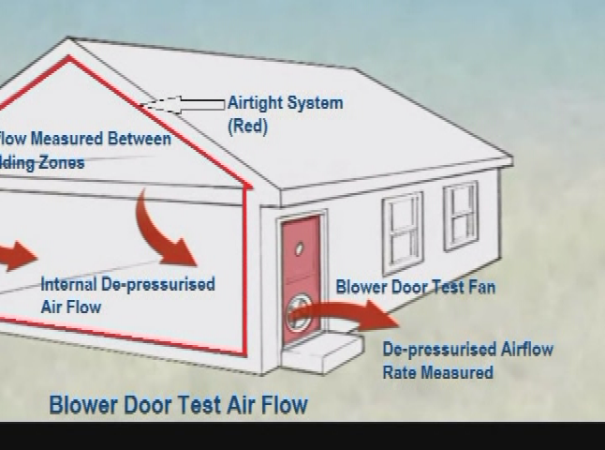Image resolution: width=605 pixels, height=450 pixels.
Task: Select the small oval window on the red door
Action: coord(300,249)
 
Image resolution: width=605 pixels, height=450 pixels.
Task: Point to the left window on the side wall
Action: coord(402,232)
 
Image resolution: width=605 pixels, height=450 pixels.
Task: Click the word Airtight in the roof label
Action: coord(256,103)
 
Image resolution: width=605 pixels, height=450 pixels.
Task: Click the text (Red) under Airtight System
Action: coord(247,126)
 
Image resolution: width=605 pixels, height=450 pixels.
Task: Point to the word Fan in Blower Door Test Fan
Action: coord(480,287)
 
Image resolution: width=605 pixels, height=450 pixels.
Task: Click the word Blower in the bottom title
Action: coord(82,405)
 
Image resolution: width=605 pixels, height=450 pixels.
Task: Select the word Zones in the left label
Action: coord(60,163)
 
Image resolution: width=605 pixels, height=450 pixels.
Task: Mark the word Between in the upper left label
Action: coord(140,140)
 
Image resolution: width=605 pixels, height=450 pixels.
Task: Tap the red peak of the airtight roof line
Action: coord(67,58)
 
